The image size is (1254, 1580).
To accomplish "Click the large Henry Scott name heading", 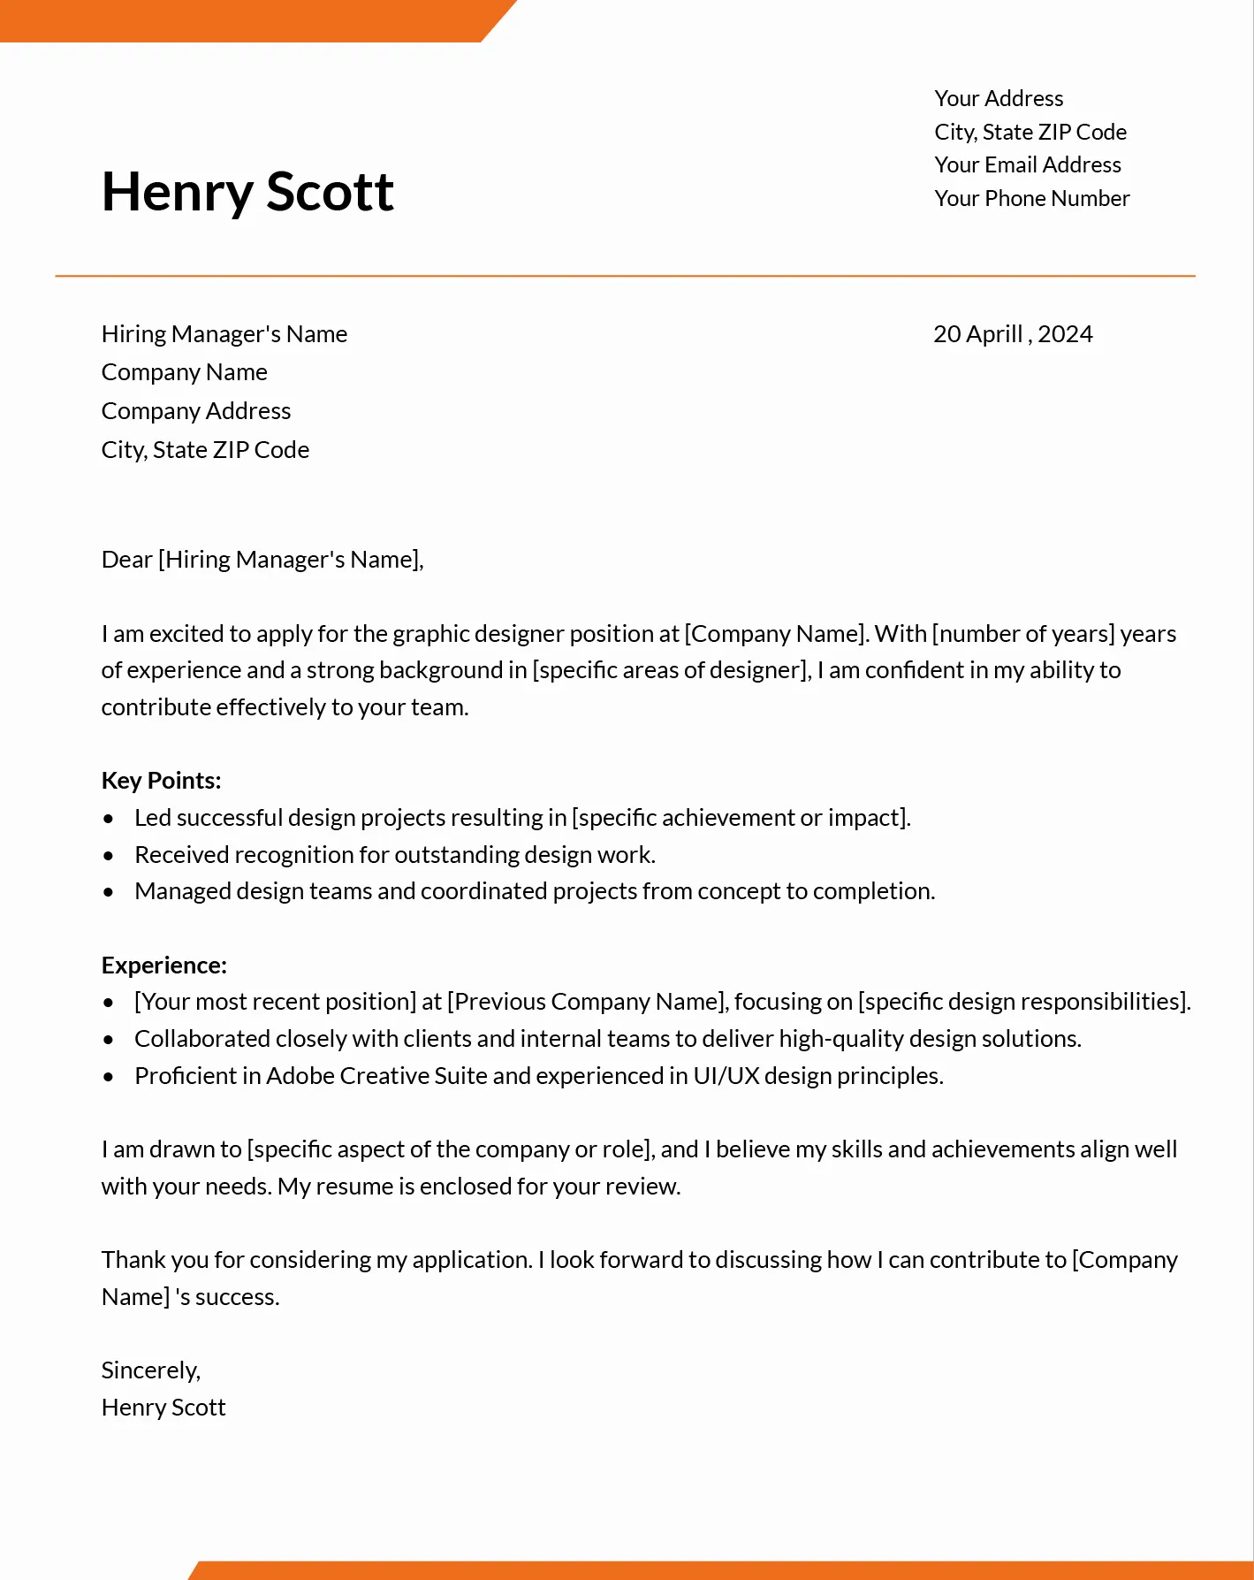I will [x=247, y=192].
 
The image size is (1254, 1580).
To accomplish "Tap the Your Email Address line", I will [x=1027, y=165].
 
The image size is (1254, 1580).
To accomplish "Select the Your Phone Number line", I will [x=1031, y=199].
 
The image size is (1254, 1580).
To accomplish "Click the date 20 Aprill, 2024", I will [x=1013, y=334].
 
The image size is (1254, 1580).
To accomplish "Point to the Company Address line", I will [x=196, y=411].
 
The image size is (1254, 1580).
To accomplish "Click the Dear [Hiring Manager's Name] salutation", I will [x=262, y=560].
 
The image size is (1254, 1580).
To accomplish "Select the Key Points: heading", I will [x=161, y=781].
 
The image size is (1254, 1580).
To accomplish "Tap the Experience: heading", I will [x=164, y=966].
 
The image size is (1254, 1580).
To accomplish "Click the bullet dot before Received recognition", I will [x=109, y=856].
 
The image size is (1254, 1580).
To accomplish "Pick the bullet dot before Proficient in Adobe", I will [x=109, y=1077].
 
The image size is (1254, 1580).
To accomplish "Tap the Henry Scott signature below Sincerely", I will [x=163, y=1408].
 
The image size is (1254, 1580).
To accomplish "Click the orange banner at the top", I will [x=247, y=20].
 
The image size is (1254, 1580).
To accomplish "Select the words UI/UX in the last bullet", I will [x=726, y=1076].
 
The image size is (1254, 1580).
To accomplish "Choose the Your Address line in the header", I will [x=999, y=99].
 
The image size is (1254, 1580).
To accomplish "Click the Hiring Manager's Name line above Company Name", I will [x=224, y=334].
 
